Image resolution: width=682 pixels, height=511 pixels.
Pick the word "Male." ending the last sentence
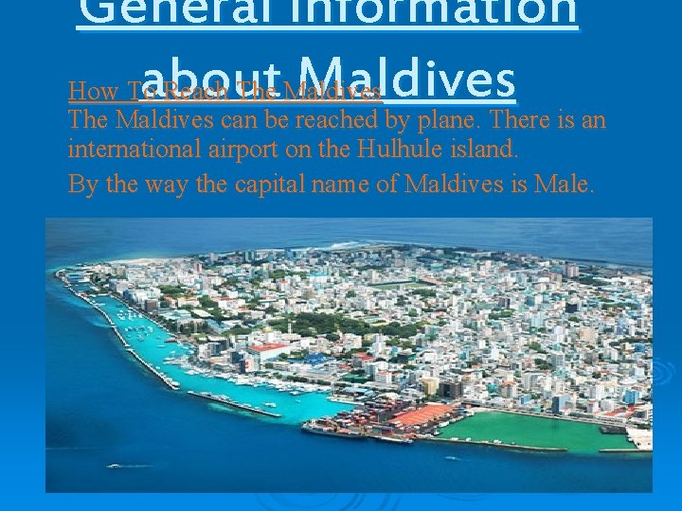point(565,183)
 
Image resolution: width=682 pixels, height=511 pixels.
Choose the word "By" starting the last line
point(82,183)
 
